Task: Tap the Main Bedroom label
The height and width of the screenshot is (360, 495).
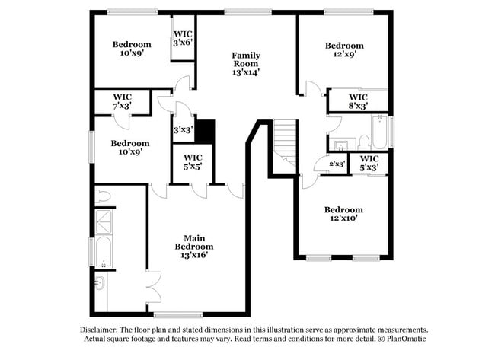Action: point(193,242)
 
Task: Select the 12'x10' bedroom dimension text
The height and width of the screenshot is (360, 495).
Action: point(343,218)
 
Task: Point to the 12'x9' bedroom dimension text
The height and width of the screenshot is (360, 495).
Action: point(343,54)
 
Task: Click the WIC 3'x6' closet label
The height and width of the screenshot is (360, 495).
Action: point(183,38)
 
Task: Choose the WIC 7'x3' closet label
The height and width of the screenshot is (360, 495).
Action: point(123,101)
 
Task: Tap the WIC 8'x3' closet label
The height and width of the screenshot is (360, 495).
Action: point(358,101)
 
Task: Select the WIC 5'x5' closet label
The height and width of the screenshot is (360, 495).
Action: point(192,163)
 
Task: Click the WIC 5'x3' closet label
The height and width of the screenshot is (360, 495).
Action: point(369,163)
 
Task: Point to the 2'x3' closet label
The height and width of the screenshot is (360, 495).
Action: point(337,164)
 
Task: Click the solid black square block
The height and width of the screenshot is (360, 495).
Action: point(204,131)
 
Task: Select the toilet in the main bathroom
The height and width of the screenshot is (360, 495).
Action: point(103,196)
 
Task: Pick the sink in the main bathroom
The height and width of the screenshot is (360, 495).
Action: point(100,285)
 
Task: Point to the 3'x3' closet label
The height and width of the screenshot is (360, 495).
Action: point(182,130)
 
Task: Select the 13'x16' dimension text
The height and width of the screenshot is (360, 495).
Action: point(193,256)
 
